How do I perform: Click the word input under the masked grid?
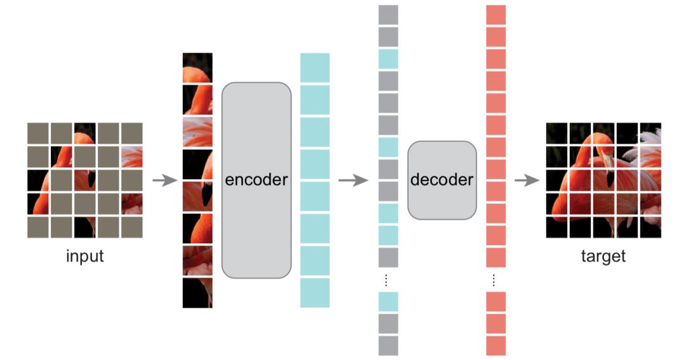click(x=84, y=257)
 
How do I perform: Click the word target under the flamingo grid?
click(x=603, y=257)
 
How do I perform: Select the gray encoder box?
click(x=256, y=180)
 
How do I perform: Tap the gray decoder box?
click(x=441, y=180)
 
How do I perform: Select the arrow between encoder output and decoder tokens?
click(x=353, y=180)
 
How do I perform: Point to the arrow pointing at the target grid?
click(x=527, y=180)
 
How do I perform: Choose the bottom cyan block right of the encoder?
click(x=315, y=293)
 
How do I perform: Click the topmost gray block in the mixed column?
click(x=388, y=15)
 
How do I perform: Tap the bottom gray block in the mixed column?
click(x=388, y=345)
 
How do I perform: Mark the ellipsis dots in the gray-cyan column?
click(x=388, y=279)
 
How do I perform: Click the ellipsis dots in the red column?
click(x=496, y=279)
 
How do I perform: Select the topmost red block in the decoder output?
click(x=496, y=15)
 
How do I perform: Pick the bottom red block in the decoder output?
click(x=496, y=345)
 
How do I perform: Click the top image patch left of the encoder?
click(x=198, y=67)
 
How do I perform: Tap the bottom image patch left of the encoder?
click(x=198, y=293)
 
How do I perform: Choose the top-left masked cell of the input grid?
click(x=37, y=133)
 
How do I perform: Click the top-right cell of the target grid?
click(x=650, y=133)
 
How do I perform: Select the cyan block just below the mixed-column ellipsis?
click(x=388, y=302)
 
